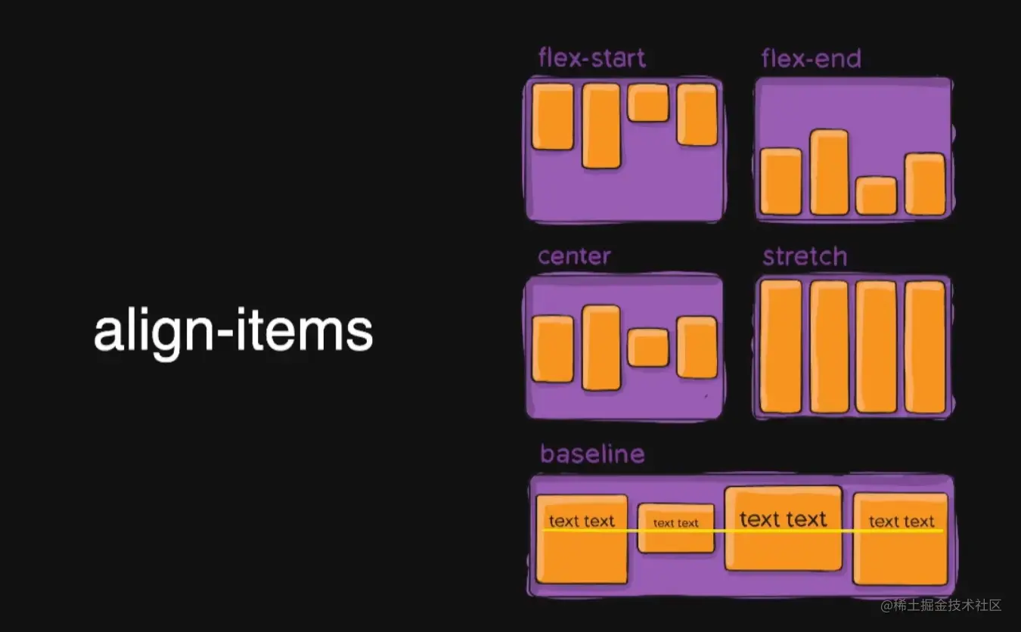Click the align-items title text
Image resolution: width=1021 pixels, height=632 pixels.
(233, 332)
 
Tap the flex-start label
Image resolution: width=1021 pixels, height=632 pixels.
(591, 58)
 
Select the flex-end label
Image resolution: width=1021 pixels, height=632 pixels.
(811, 58)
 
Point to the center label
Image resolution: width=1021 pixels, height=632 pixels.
(574, 256)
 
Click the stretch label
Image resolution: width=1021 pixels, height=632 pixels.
(805, 256)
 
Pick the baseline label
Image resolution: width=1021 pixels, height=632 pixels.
(592, 454)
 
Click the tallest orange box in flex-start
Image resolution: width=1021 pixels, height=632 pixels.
(601, 125)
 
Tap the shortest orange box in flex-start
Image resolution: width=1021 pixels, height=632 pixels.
(648, 103)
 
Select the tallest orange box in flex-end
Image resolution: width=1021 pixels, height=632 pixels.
(829, 172)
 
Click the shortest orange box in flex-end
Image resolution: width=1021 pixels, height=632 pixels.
(876, 196)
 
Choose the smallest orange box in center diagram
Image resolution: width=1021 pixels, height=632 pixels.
(648, 348)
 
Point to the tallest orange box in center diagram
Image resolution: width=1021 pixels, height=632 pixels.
(601, 347)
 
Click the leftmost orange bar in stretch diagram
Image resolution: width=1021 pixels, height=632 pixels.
(780, 346)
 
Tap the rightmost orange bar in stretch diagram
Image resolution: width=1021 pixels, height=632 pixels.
(925, 347)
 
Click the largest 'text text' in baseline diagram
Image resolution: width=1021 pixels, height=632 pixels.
(783, 519)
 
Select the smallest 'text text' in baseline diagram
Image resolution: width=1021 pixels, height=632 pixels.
(675, 523)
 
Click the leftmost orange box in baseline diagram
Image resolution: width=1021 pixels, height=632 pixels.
(582, 539)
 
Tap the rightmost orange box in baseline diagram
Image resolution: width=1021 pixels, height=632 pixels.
(900, 539)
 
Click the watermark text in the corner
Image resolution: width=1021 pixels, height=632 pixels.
(941, 606)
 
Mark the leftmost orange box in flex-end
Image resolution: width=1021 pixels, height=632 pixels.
(780, 181)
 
